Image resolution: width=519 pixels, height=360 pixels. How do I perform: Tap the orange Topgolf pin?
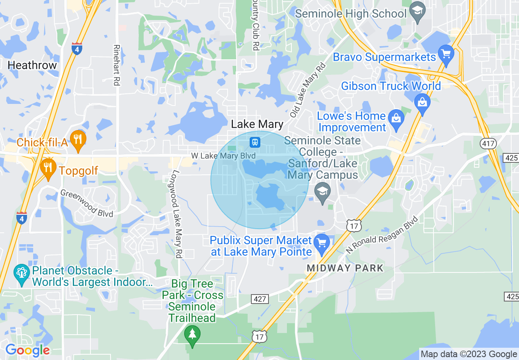[x=48, y=168]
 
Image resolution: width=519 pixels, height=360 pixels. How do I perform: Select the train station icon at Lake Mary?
[x=255, y=142]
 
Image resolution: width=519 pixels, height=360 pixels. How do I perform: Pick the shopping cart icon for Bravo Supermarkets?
[x=445, y=55]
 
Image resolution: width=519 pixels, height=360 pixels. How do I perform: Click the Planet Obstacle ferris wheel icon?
[x=21, y=272]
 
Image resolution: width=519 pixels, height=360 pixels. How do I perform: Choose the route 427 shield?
[x=259, y=299]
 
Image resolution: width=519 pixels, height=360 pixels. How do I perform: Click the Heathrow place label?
[x=32, y=65]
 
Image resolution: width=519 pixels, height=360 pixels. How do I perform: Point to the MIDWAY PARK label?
[x=345, y=268]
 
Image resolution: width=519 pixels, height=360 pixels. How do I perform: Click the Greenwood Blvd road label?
[x=86, y=203]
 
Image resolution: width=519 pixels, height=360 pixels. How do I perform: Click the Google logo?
[x=27, y=350]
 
